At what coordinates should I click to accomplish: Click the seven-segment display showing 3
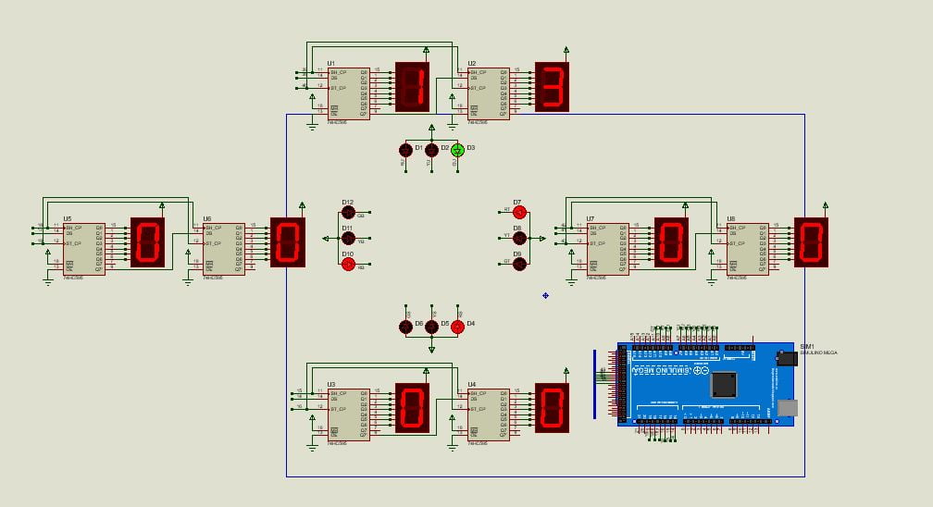(x=552, y=87)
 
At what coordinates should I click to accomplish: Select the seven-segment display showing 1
(x=412, y=87)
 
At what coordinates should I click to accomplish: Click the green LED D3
(x=457, y=150)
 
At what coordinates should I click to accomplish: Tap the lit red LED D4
(x=457, y=327)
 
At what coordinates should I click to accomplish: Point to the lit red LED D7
(x=519, y=212)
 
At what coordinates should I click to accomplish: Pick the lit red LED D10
(x=348, y=264)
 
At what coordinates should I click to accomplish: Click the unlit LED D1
(x=405, y=150)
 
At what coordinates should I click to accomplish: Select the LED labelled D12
(x=348, y=212)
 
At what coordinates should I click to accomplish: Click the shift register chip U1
(x=348, y=93)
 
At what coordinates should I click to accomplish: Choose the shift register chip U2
(x=488, y=93)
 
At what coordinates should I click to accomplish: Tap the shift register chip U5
(x=84, y=248)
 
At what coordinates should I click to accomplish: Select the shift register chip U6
(x=224, y=248)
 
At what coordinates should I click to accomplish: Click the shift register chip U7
(x=607, y=248)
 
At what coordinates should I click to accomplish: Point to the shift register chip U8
(x=747, y=248)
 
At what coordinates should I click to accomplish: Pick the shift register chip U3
(x=348, y=414)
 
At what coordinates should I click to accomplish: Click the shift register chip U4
(x=488, y=414)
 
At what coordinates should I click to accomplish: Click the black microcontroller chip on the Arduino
(x=723, y=384)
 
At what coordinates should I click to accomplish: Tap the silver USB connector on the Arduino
(x=788, y=407)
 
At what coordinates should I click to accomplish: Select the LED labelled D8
(x=519, y=238)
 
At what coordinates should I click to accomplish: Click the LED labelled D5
(x=431, y=327)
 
